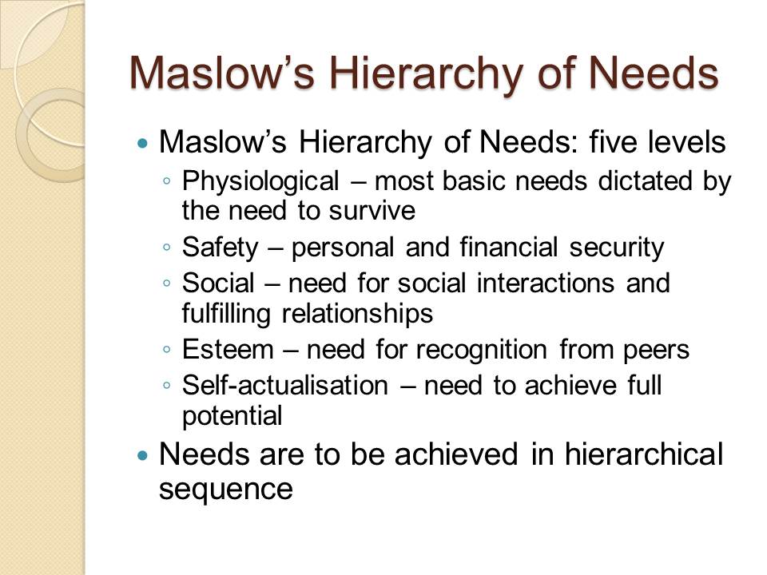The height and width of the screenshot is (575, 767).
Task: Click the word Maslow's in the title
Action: pyautogui.click(x=221, y=73)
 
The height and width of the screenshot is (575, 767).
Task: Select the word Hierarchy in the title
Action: pyautogui.click(x=424, y=76)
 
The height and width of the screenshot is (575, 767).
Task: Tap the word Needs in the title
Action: pyautogui.click(x=653, y=73)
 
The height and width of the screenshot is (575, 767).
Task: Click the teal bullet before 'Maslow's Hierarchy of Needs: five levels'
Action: pyautogui.click(x=142, y=143)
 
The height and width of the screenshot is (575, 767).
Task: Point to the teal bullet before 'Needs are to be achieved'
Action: pyautogui.click(x=142, y=456)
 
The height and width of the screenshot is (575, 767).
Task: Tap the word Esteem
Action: pyautogui.click(x=228, y=350)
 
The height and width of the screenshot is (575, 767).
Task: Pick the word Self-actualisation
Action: pyautogui.click(x=285, y=385)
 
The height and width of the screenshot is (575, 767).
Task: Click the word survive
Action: pyautogui.click(x=372, y=211)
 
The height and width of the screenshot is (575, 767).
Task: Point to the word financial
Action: pyautogui.click(x=509, y=247)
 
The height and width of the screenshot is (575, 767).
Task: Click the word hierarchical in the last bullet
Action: pyautogui.click(x=644, y=454)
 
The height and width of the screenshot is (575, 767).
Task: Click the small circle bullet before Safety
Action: pyautogui.click(x=167, y=248)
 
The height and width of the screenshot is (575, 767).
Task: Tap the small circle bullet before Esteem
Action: pyautogui.click(x=167, y=350)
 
